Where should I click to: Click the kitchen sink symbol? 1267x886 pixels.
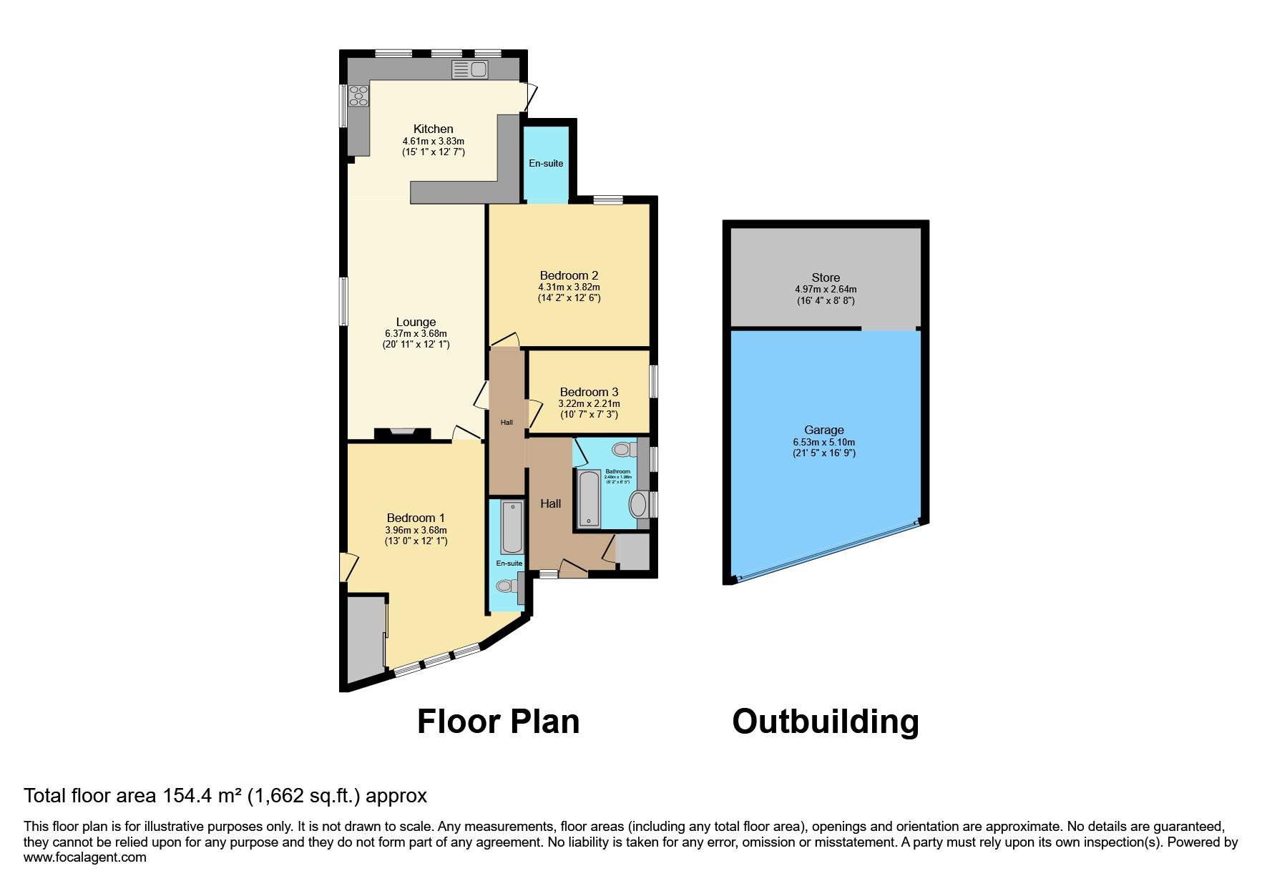point(470,69)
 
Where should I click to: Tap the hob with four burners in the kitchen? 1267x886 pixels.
point(358,96)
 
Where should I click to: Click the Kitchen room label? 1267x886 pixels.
point(433,129)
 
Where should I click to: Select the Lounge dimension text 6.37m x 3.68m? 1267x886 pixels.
point(416,333)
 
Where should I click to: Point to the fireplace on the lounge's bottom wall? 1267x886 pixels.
point(403,433)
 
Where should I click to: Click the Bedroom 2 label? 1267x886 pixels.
point(569,275)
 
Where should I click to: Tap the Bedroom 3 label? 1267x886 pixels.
point(589,392)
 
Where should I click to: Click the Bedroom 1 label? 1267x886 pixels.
point(416,518)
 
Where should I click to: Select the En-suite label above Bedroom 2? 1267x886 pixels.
point(546,163)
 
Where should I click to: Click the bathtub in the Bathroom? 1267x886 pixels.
point(589,498)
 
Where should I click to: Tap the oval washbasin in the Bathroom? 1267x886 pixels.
point(637,504)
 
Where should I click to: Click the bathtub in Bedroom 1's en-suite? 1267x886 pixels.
point(512,528)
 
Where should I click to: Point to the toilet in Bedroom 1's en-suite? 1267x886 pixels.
point(507,586)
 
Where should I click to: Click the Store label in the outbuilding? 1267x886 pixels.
point(826,277)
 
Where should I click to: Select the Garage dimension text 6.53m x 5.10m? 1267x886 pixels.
point(824,442)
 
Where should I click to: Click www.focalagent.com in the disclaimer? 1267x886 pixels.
point(85,857)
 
